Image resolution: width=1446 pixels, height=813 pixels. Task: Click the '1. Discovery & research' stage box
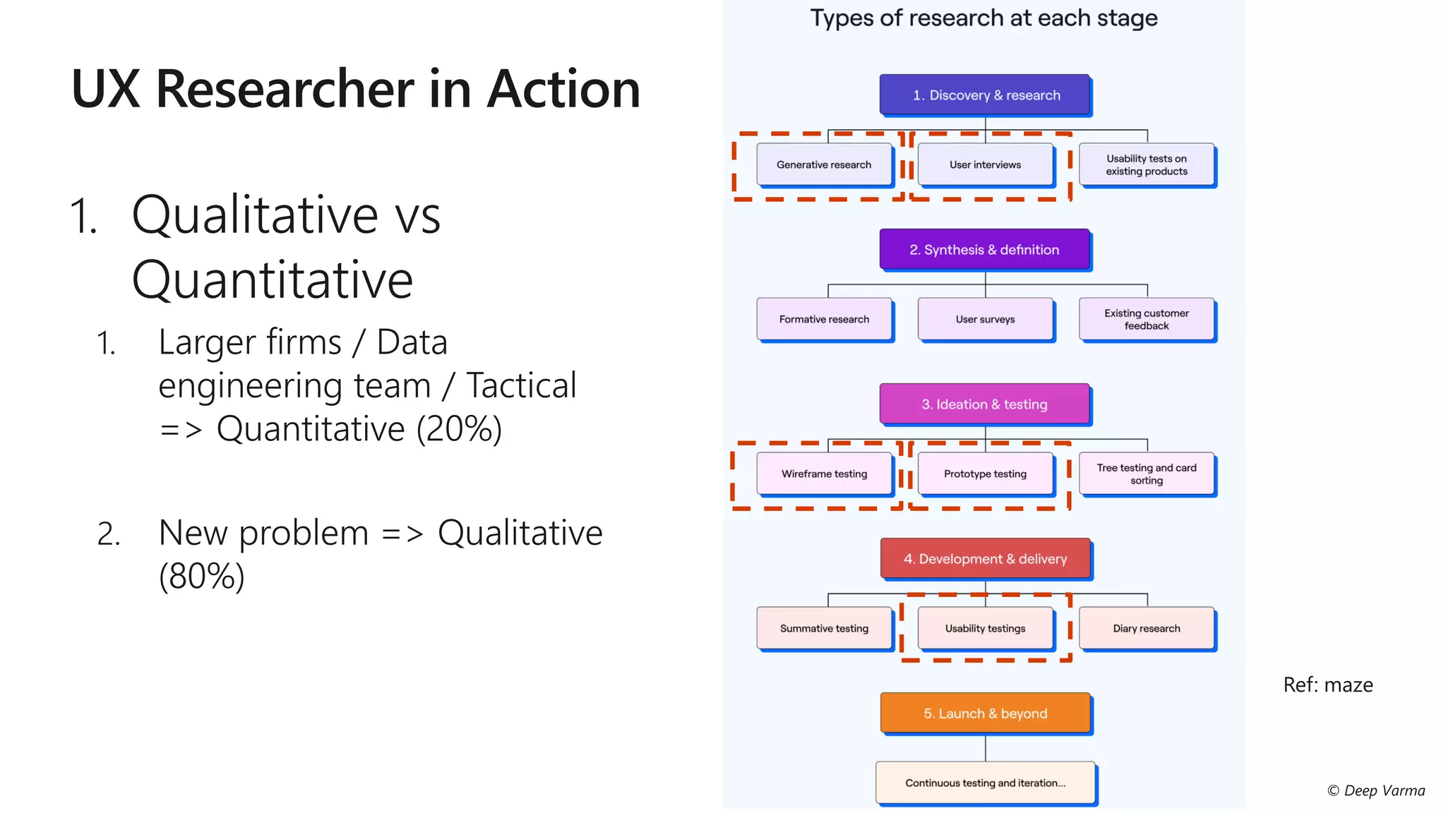pyautogui.click(x=985, y=95)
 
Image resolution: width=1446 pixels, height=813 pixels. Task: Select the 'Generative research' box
pyautogui.click(x=824, y=165)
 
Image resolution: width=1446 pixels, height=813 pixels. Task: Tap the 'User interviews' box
pyautogui.click(x=985, y=165)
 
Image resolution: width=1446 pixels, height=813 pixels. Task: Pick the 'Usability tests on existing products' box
pyautogui.click(x=1146, y=165)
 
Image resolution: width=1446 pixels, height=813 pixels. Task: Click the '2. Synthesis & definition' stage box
pyautogui.click(x=985, y=249)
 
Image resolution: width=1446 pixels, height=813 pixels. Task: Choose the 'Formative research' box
pyautogui.click(x=824, y=320)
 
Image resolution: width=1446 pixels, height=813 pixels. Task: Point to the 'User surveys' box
pyautogui.click(x=985, y=320)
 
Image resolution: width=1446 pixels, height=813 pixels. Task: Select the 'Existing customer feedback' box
pyautogui.click(x=1146, y=320)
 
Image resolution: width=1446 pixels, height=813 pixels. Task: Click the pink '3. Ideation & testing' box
pyautogui.click(x=985, y=404)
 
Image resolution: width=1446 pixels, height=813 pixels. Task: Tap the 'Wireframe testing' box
pyautogui.click(x=824, y=474)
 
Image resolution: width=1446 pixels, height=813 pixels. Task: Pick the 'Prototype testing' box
pyautogui.click(x=985, y=474)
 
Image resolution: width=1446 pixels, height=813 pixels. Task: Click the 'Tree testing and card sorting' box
pyautogui.click(x=1146, y=474)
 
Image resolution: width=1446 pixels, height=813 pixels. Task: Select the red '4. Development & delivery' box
pyautogui.click(x=985, y=559)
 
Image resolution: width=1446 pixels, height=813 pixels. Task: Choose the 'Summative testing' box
pyautogui.click(x=824, y=629)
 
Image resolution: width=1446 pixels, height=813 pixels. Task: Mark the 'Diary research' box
pyautogui.click(x=1146, y=629)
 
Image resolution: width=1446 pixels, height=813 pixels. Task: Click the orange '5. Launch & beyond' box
pyautogui.click(x=985, y=713)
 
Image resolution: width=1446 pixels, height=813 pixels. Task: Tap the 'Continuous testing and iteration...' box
pyautogui.click(x=985, y=783)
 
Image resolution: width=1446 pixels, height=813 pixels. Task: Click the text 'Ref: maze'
pyautogui.click(x=1327, y=685)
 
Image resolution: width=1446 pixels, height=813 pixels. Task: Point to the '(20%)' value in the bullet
pyautogui.click(x=459, y=429)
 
